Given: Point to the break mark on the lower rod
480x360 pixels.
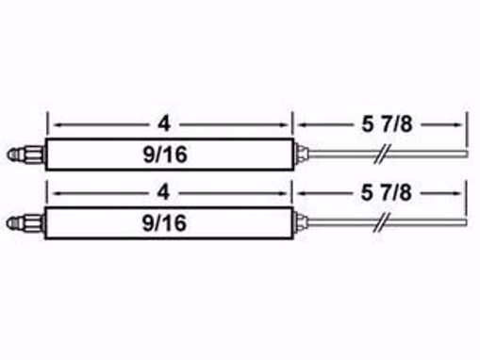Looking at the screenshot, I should (381, 223).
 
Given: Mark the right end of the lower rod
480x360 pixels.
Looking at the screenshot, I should (464, 223).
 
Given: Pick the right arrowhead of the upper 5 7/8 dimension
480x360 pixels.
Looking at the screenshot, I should (462, 123).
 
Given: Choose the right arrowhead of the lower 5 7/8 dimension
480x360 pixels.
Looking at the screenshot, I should (462, 193).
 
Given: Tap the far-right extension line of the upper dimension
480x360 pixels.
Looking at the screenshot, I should (467, 127).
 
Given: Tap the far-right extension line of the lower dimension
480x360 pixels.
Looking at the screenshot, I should (467, 198).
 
